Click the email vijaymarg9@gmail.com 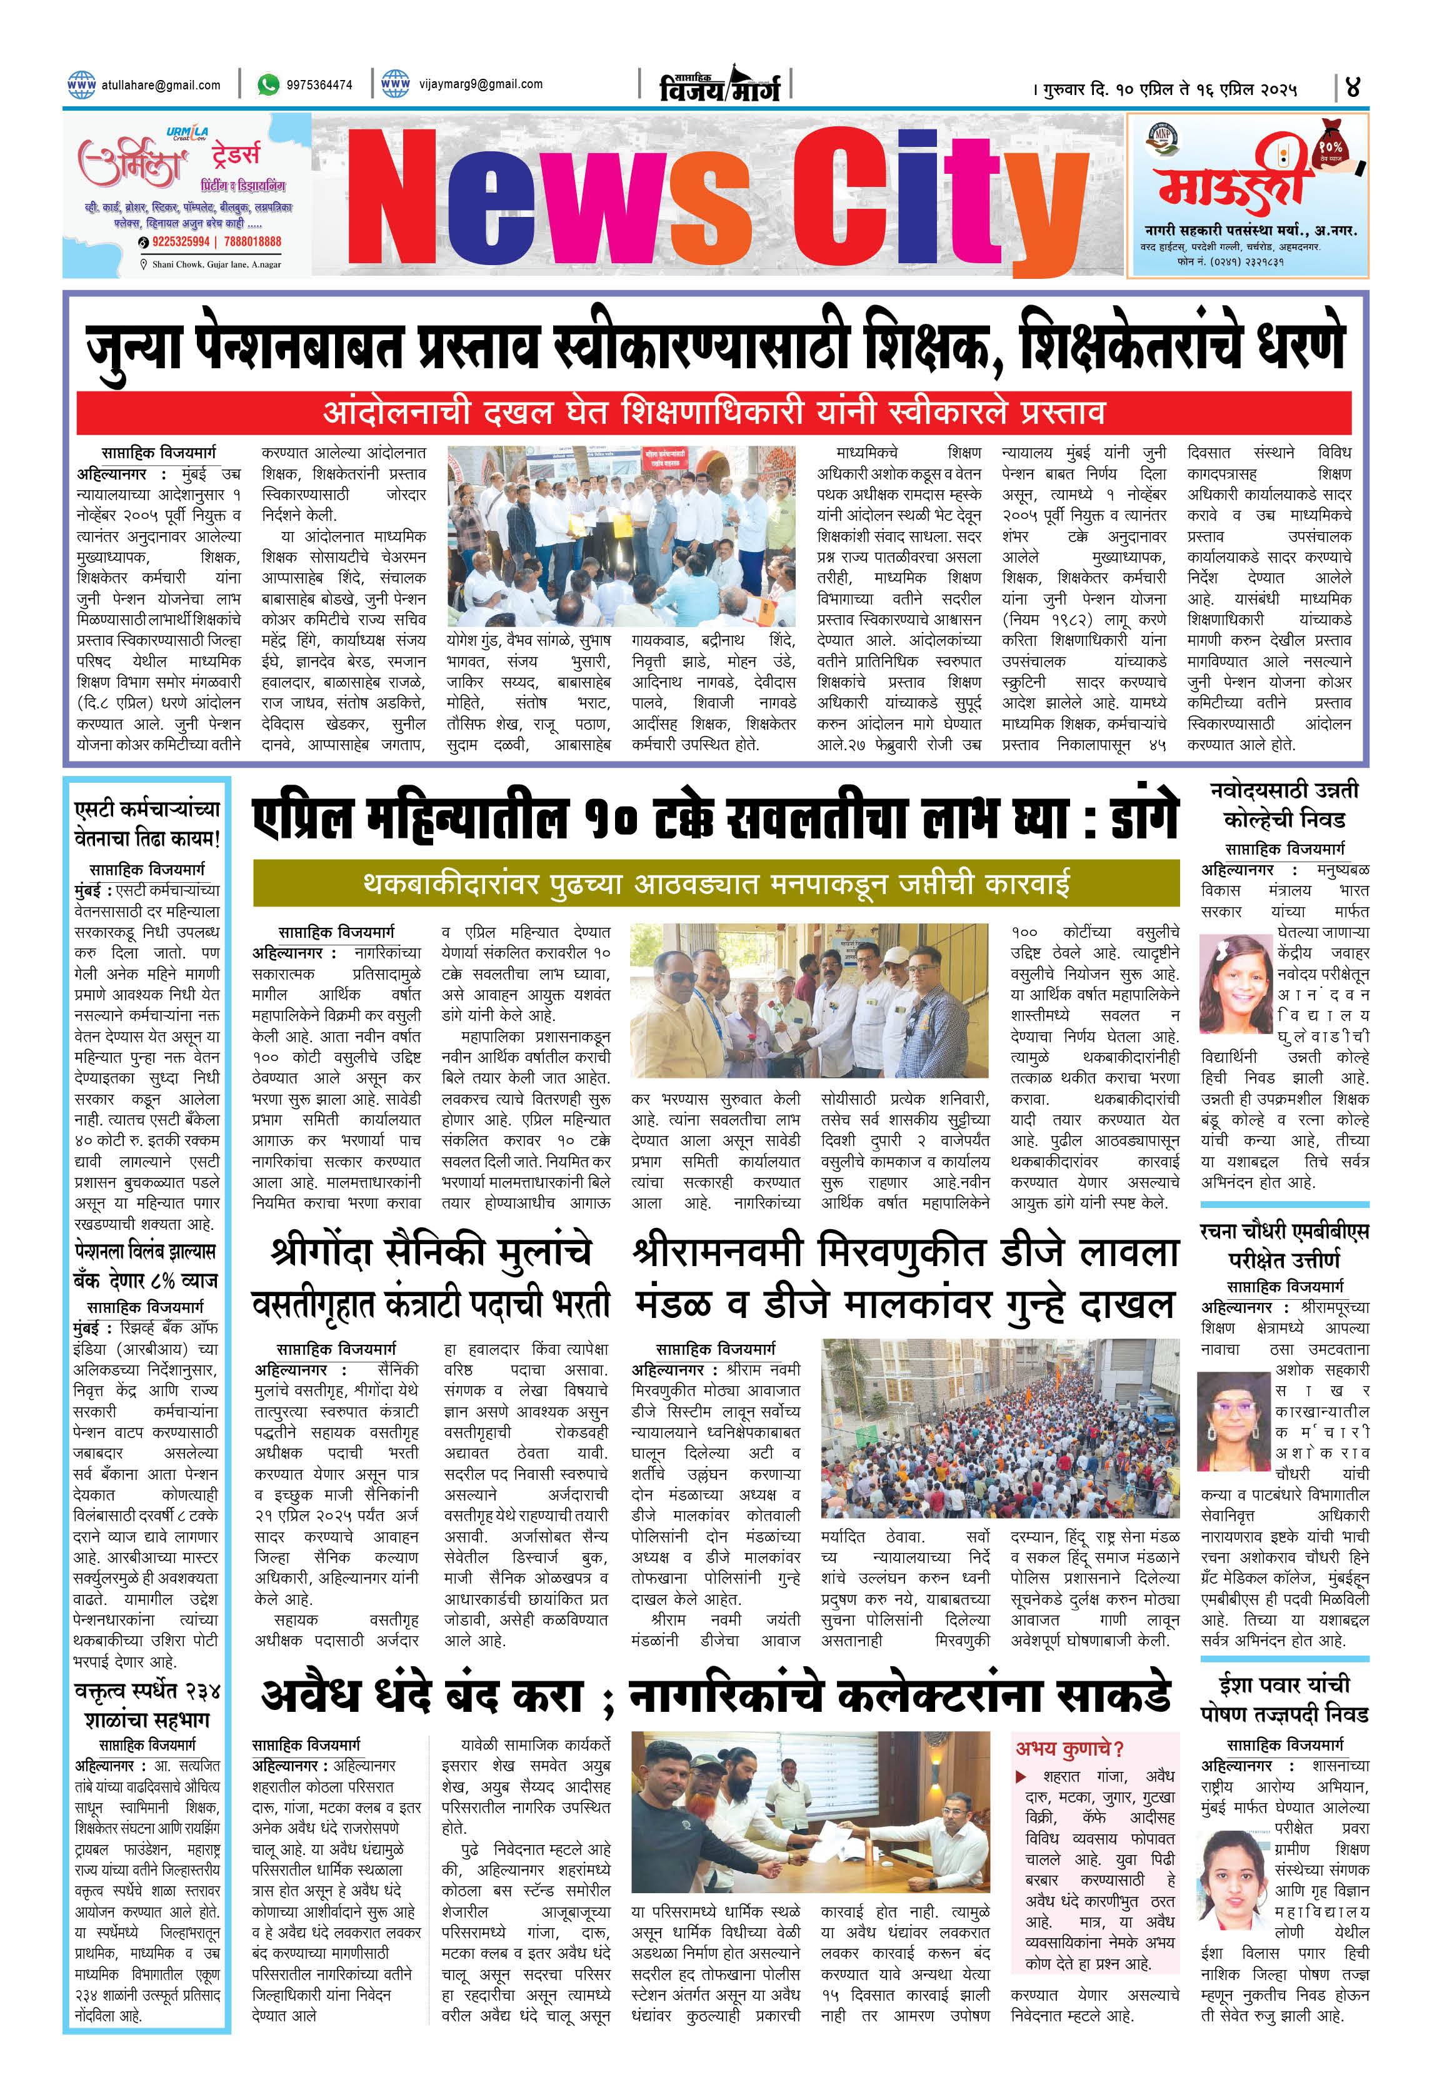pyautogui.click(x=480, y=84)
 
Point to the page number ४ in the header pyautogui.click(x=1352, y=88)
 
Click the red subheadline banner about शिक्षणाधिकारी pyautogui.click(x=713, y=413)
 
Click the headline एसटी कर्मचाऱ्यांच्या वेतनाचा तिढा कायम pyautogui.click(x=146, y=823)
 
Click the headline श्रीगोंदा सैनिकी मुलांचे pyautogui.click(x=431, y=1252)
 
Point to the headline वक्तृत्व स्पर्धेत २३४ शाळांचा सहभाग pyautogui.click(x=146, y=1704)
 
